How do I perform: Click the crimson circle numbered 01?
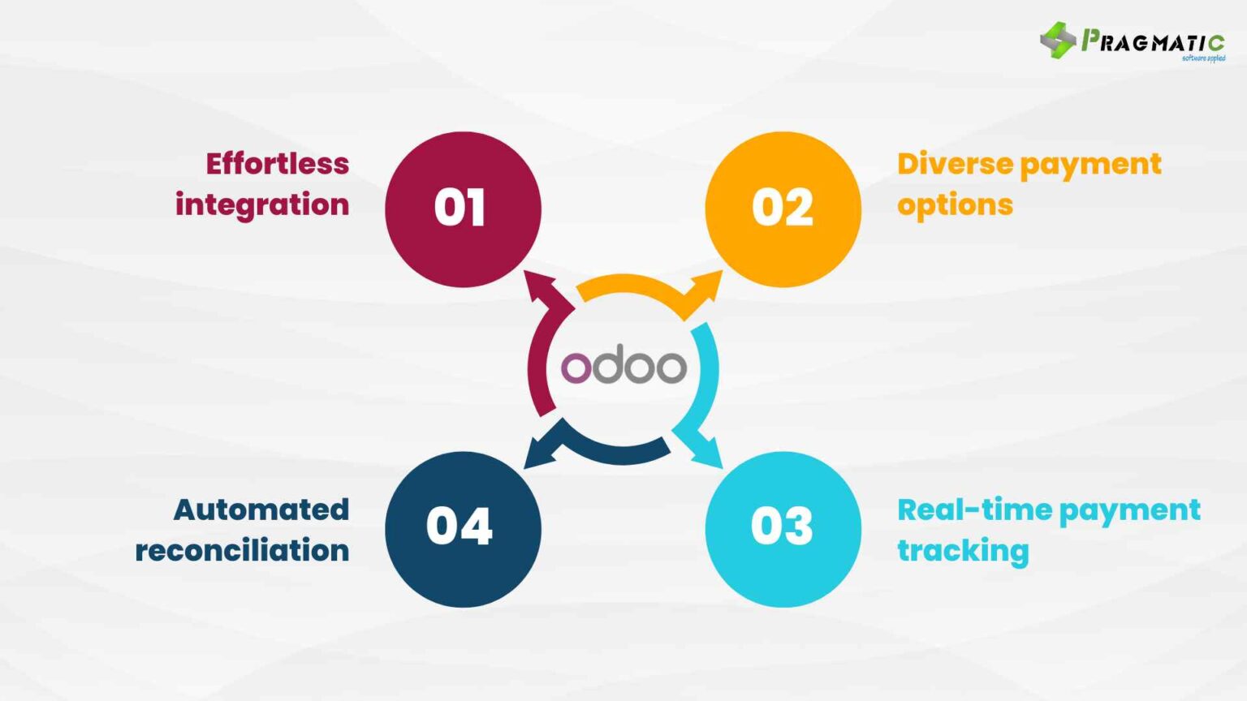463,209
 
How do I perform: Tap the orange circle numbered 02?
783,209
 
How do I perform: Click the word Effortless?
277,164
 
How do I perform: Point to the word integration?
262,204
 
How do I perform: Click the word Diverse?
955,164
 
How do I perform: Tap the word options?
955,205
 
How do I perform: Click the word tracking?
963,551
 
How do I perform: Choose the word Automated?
261,510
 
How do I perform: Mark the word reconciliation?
242,551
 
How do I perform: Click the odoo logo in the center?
623,367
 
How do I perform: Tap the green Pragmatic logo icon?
1058,40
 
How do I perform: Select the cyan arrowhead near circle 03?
707,453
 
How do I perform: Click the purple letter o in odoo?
576,368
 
